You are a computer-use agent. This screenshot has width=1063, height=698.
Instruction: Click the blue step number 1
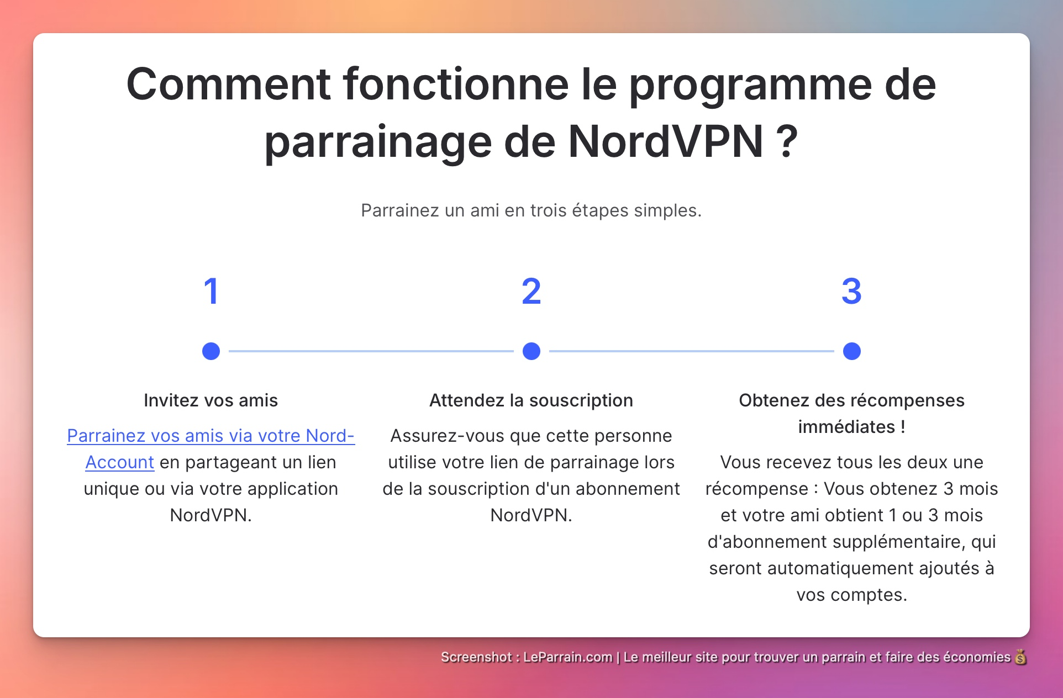point(211,292)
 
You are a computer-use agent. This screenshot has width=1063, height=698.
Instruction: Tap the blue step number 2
point(531,292)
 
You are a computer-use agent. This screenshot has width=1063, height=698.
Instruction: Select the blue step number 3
point(851,292)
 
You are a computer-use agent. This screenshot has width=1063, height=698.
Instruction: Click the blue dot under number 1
point(211,351)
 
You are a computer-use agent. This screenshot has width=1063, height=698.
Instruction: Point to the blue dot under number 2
point(531,351)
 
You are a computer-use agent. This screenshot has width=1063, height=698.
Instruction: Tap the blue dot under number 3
point(851,351)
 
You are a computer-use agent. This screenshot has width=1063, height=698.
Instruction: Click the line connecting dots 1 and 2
point(371,351)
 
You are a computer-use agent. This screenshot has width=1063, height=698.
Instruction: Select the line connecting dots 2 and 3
point(691,351)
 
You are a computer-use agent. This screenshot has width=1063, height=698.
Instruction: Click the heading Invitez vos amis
point(211,400)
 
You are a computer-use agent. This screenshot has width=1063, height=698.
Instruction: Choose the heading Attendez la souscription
point(531,400)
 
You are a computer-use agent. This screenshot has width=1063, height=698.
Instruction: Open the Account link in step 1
point(119,462)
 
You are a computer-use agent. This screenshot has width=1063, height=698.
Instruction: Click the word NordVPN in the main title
point(666,142)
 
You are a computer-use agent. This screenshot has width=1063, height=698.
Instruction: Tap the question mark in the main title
point(787,142)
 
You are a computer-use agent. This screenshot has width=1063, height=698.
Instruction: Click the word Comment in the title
point(228,84)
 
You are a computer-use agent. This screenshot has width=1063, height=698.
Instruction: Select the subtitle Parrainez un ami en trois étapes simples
point(531,210)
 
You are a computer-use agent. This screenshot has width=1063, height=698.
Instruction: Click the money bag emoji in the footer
point(1020,657)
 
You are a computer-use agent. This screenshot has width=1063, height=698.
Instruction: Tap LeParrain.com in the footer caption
point(567,657)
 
